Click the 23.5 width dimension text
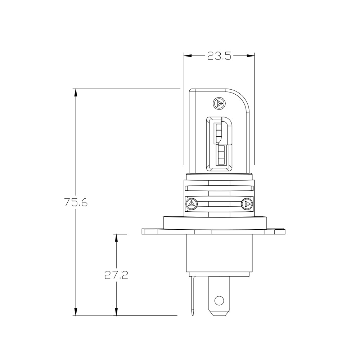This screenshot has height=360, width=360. (219, 56)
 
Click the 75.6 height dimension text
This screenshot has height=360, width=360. (76, 202)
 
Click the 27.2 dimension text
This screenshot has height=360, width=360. (116, 275)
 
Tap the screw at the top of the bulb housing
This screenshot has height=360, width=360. (219, 103)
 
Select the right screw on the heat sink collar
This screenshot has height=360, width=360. (247, 204)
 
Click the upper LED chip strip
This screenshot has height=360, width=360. (219, 133)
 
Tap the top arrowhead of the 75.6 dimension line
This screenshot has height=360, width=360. (76, 92)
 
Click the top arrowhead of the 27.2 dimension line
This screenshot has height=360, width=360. (116, 238)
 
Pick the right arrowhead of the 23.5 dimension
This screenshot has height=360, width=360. (251, 56)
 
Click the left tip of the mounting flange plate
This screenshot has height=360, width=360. (143, 231)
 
